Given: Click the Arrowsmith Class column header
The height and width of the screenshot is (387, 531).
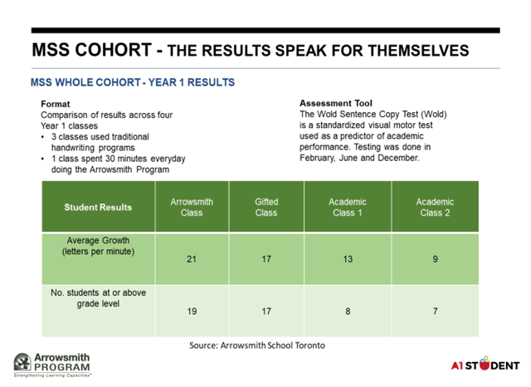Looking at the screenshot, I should [x=192, y=207].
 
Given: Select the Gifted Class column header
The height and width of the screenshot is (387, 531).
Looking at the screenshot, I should [x=266, y=207].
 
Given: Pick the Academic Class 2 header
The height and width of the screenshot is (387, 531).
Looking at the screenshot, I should [x=436, y=207].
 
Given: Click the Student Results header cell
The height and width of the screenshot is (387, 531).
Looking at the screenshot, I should [x=98, y=207].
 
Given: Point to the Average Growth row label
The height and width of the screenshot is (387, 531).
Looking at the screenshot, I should [x=97, y=247].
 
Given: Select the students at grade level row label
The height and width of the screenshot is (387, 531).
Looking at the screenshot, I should [x=97, y=298].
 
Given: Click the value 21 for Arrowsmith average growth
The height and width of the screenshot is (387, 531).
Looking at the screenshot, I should [x=192, y=259].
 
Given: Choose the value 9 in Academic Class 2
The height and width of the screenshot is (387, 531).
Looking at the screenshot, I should [x=436, y=259].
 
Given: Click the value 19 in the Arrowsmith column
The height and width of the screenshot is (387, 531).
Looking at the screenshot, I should [x=192, y=311].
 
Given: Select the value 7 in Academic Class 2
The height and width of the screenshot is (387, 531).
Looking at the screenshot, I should [x=436, y=311].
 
